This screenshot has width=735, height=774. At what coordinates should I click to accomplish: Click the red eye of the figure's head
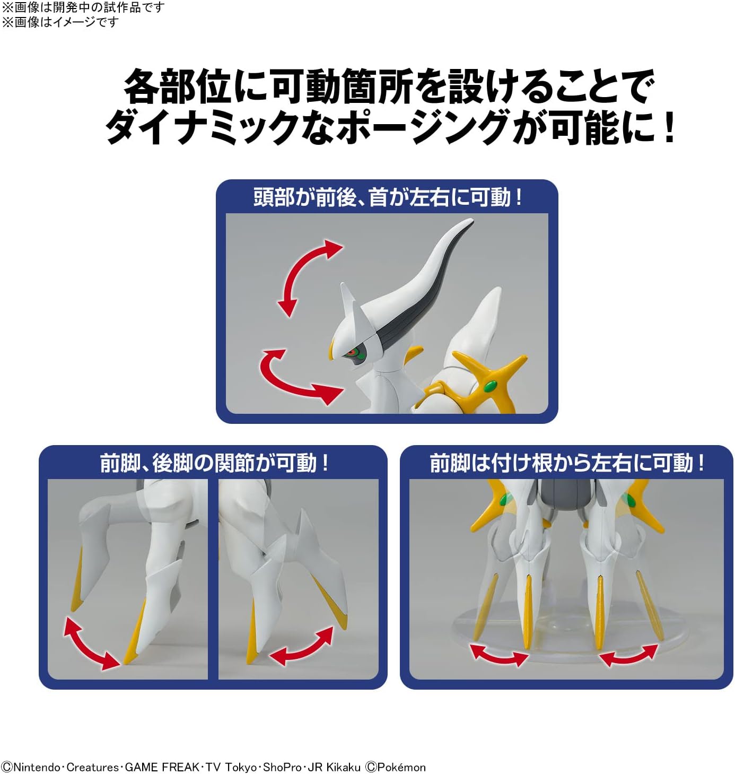[x=351, y=352]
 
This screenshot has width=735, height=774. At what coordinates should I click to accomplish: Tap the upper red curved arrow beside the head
[x=307, y=277]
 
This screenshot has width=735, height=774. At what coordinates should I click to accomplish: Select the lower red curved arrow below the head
[x=297, y=377]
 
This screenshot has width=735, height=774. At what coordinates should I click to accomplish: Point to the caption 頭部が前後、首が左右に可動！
[x=388, y=197]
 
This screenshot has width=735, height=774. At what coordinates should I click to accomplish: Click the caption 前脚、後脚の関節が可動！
[x=214, y=463]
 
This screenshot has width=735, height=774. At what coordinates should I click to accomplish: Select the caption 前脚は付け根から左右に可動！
[x=567, y=463]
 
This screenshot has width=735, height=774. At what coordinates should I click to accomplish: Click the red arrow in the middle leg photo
[x=301, y=646]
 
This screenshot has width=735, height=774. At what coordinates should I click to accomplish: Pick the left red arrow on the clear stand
[x=499, y=655]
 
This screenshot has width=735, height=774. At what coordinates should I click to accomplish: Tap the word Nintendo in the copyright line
[x=36, y=767]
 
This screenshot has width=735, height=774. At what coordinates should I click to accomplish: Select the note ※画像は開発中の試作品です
[x=83, y=8]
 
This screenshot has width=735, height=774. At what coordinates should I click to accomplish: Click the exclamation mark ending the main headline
[x=669, y=127]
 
